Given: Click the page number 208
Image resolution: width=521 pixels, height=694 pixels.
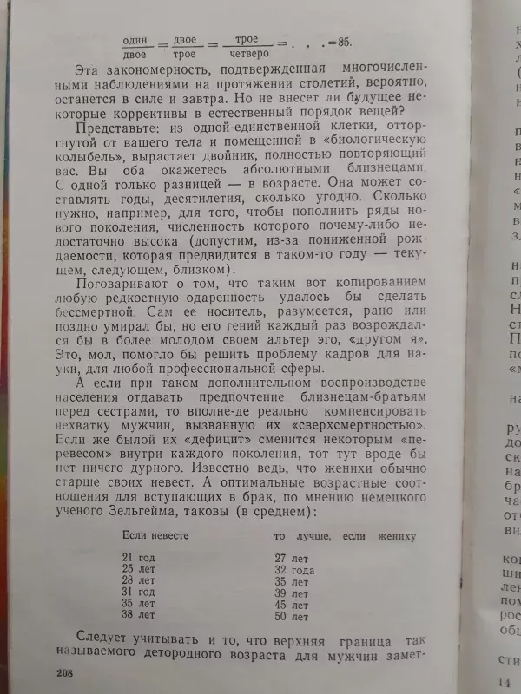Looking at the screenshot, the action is click(65, 672).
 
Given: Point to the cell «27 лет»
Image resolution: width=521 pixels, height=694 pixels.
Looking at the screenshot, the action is click(292, 558).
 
